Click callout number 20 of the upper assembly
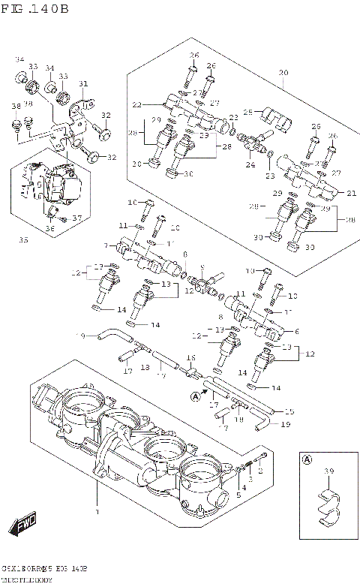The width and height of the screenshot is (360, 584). click(x=283, y=73)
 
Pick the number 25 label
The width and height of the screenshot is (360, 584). click(x=247, y=113)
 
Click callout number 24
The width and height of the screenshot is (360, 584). click(x=250, y=164)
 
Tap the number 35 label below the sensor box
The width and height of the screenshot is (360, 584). click(x=23, y=241)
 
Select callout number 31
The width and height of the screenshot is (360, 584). click(x=83, y=83)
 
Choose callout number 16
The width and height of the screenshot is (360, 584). click(x=190, y=357)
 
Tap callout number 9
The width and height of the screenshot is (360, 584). click(x=202, y=268)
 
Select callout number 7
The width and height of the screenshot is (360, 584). click(x=106, y=245)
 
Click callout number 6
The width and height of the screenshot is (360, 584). click(x=297, y=331)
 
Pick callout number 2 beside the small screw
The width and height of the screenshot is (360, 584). click(x=261, y=472)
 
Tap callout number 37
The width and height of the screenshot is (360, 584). click(x=76, y=218)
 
